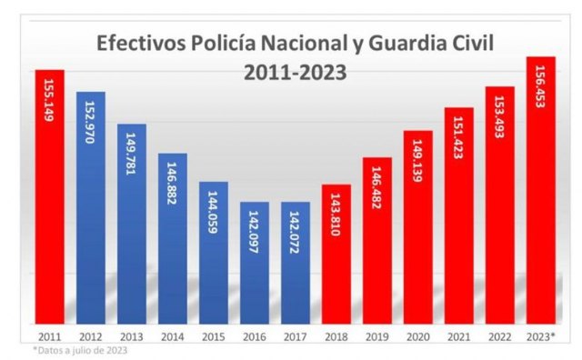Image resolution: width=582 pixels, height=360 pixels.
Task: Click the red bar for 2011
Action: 50,195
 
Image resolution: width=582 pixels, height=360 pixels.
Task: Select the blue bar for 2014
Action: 173,237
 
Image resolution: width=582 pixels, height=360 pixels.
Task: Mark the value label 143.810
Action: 336,215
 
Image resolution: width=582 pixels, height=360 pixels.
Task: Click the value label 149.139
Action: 418,162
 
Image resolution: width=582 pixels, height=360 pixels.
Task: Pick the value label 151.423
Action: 459,139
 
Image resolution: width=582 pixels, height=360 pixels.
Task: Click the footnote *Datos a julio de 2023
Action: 80,350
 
